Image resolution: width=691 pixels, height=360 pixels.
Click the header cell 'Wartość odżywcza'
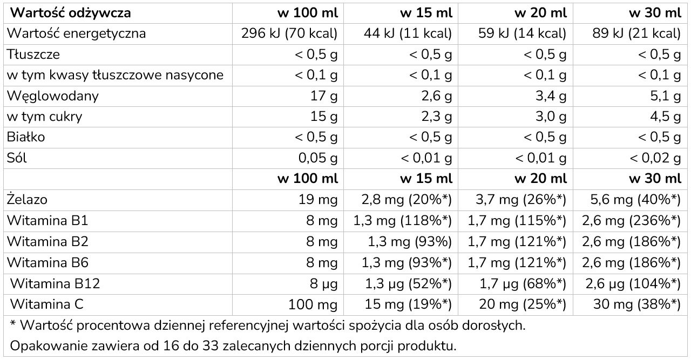point(69,13)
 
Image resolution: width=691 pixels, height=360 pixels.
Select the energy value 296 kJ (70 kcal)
point(290,34)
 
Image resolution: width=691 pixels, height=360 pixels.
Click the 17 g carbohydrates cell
point(326,97)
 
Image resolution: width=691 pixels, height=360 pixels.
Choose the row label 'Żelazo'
point(27,200)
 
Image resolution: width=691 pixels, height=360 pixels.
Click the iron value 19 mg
point(318,200)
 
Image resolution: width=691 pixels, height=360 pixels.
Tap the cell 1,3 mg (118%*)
point(402,220)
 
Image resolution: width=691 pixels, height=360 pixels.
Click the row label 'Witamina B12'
point(55,283)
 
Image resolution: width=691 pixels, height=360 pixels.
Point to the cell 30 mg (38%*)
point(637,304)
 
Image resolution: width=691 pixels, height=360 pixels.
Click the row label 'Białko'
point(26,137)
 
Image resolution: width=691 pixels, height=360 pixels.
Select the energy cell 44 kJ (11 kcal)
point(408,34)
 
